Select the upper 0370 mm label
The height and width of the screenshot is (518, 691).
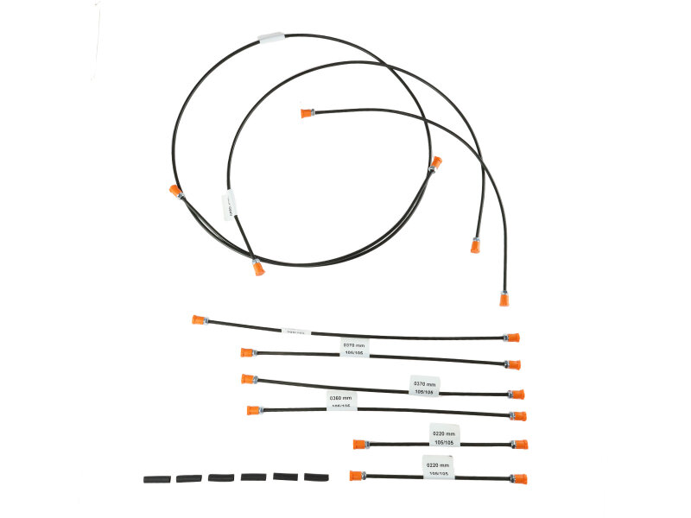tap(354, 347)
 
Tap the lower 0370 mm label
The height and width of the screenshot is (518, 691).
tap(423, 386)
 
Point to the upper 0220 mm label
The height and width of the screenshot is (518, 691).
tap(444, 435)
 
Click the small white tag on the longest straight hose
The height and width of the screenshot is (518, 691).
tap(295, 331)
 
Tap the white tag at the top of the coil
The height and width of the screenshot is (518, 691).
tap(272, 38)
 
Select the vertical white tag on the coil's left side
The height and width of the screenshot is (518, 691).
tap(229, 204)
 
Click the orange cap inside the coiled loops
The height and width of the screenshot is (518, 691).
tap(306, 112)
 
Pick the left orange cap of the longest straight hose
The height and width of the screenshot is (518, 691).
tap(199, 319)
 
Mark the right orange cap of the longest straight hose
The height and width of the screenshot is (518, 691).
tap(512, 338)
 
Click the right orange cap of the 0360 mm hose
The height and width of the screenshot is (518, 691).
tap(518, 416)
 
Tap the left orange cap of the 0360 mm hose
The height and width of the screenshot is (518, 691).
tap(253, 410)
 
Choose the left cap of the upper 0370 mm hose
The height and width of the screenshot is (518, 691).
tap(248, 352)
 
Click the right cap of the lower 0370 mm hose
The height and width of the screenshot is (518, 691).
tap(517, 394)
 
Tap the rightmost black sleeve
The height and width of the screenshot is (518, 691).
tap(317, 477)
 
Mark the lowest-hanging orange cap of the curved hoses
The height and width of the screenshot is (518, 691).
tap(504, 299)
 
